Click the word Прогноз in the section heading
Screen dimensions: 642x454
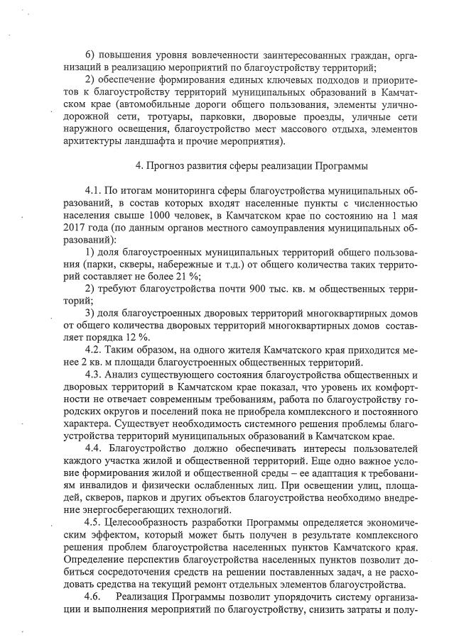click(x=168, y=167)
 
